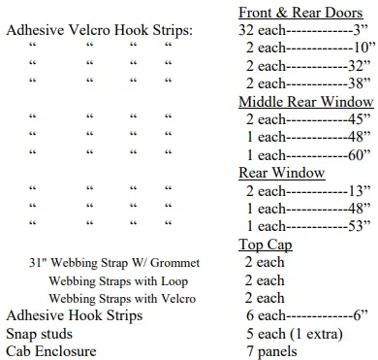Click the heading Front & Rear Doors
[x=299, y=13]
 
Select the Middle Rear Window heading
[x=305, y=101]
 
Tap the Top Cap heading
[x=265, y=245]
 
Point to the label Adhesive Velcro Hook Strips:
[x=99, y=31]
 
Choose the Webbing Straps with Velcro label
[x=122, y=298]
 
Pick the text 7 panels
[x=270, y=351]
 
